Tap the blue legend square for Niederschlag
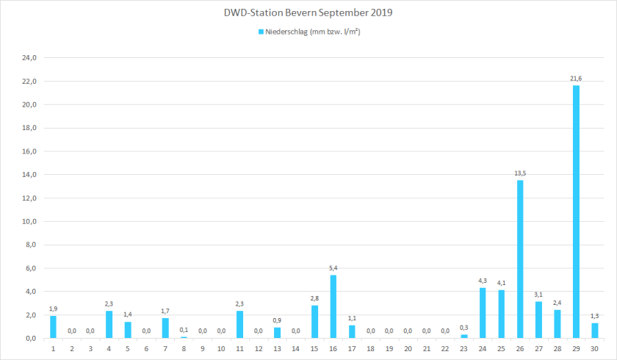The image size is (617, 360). pyautogui.click(x=261, y=32)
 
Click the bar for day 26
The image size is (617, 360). pyautogui.click(x=520, y=259)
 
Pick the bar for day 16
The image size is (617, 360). pyautogui.click(x=333, y=306)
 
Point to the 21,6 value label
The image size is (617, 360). pyautogui.click(x=576, y=79)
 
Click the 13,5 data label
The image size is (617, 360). pyautogui.click(x=520, y=173)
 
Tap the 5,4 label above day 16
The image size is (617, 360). pyautogui.click(x=333, y=268)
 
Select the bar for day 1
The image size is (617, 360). pyautogui.click(x=53, y=327)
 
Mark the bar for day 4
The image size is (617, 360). pyautogui.click(x=109, y=325)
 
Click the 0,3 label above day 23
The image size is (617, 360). pyautogui.click(x=464, y=328)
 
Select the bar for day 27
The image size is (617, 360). pyautogui.click(x=538, y=320)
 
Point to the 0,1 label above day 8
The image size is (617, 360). pyautogui.click(x=184, y=330)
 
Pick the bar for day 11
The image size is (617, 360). pyautogui.click(x=240, y=325)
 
